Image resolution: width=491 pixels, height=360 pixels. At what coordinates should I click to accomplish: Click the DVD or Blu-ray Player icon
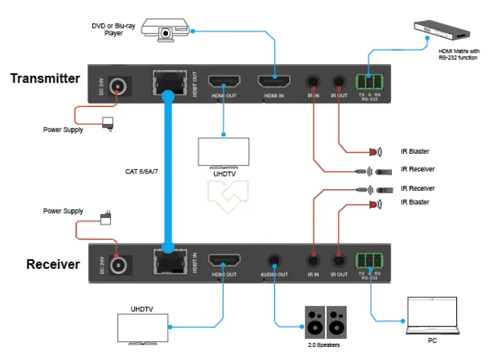(x=165, y=29)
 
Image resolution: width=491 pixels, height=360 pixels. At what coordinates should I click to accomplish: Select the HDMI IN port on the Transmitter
(x=275, y=81)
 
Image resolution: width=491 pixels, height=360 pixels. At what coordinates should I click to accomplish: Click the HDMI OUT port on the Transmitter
(x=224, y=81)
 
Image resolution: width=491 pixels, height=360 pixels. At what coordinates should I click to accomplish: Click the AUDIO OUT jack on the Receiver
(x=275, y=261)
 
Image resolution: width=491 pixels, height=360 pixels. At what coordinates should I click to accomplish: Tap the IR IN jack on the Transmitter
(x=313, y=83)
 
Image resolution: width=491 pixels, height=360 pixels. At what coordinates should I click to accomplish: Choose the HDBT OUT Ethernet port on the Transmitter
(x=167, y=84)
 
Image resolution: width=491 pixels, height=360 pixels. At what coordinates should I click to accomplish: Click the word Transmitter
(x=45, y=79)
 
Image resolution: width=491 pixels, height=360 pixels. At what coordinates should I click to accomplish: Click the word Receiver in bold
(x=53, y=264)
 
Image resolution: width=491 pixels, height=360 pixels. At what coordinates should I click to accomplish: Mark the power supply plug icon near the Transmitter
(x=107, y=123)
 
